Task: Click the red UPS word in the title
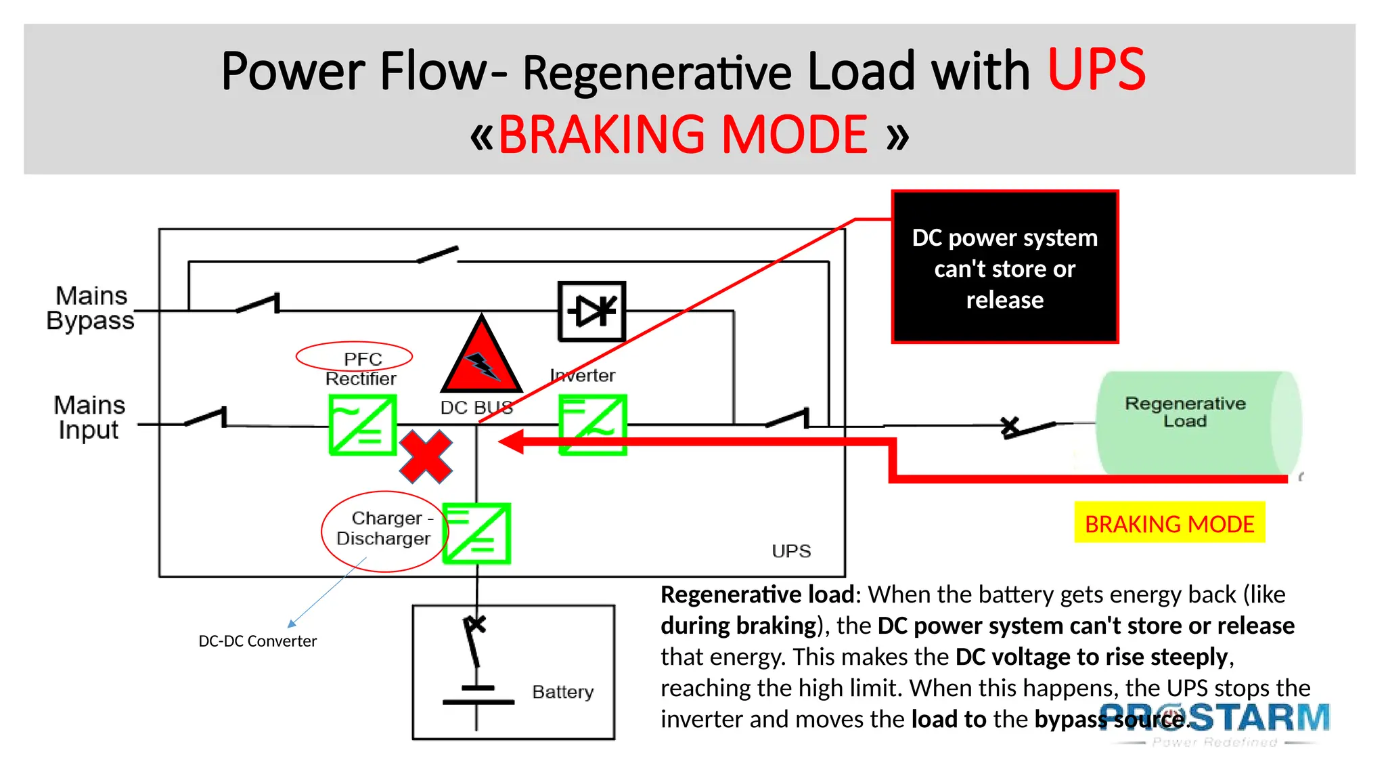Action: pyautogui.click(x=1096, y=70)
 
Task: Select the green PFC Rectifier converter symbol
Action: pyautogui.click(x=362, y=425)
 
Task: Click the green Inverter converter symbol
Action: pyautogui.click(x=592, y=425)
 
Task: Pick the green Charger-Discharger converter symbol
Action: pyautogui.click(x=476, y=533)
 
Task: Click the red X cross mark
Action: pyautogui.click(x=425, y=457)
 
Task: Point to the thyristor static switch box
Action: pyautogui.click(x=591, y=311)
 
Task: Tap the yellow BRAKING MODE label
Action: pyautogui.click(x=1169, y=523)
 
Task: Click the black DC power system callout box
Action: pyautogui.click(x=1004, y=267)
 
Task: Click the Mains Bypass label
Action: pyautogui.click(x=91, y=308)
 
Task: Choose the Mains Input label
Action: pyautogui.click(x=89, y=417)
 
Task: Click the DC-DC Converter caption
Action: pyautogui.click(x=257, y=641)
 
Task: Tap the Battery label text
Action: pyautogui.click(x=562, y=692)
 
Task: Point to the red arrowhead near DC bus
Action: pyautogui.click(x=512, y=441)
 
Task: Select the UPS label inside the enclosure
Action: pyautogui.click(x=790, y=551)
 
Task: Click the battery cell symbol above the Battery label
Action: pyautogui.click(x=478, y=696)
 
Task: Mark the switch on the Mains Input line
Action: pyautogui.click(x=206, y=418)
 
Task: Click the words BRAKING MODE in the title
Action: pyautogui.click(x=682, y=135)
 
